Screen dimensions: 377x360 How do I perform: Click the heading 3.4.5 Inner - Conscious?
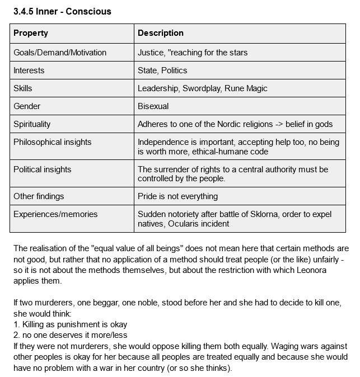pos(62,12)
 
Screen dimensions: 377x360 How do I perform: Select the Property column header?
pos(31,33)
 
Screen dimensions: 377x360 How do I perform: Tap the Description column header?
pos(161,33)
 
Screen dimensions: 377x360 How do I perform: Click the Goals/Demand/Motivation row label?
pos(60,53)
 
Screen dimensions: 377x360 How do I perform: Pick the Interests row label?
pos(29,70)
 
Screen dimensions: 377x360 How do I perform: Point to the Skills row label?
pos(23,88)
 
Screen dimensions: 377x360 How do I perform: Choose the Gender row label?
pos(27,106)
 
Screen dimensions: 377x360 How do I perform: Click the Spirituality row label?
pos(32,124)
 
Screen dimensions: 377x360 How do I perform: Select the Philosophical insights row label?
pos(53,142)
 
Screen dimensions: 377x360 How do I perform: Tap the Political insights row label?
pos(43,169)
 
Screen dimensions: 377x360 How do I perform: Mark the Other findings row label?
pos(39,196)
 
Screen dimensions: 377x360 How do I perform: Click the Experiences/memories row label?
pos(55,214)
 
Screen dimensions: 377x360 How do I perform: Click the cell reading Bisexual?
pos(153,106)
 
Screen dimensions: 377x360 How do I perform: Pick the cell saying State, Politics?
pos(162,70)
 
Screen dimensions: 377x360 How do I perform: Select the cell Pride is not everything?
pos(178,196)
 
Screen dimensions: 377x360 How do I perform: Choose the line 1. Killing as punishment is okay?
pos(70,324)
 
